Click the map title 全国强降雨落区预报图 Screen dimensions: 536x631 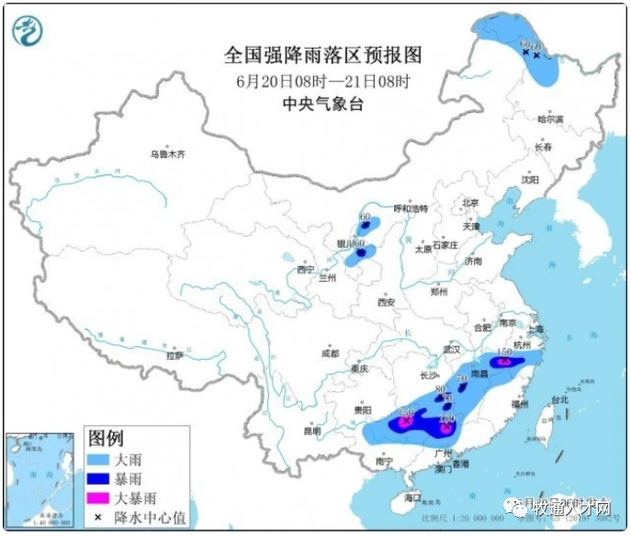pos(322,55)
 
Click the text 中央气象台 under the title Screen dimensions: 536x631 pos(322,104)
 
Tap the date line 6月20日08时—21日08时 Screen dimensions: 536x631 pos(322,80)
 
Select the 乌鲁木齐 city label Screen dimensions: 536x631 pos(168,155)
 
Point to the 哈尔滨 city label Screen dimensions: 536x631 pos(550,118)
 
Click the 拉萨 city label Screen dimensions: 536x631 pos(175,355)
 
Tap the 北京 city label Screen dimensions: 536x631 pos(470,203)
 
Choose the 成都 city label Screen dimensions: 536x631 pos(330,353)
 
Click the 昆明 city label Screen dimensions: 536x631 pos(313,430)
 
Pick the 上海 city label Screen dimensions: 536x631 pos(535,329)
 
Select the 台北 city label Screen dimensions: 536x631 pos(560,400)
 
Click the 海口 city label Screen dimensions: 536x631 pos(412,497)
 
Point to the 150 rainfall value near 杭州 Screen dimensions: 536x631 pos(503,352)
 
